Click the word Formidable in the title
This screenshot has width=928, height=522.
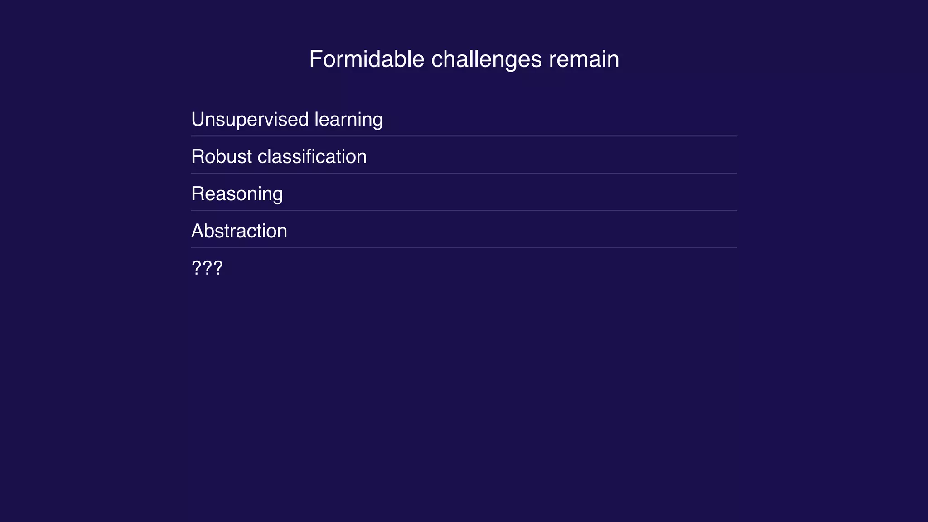pos(367,59)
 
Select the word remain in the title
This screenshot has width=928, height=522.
pos(584,59)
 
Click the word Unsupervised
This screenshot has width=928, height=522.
pos(250,120)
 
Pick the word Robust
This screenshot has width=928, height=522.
pos(221,157)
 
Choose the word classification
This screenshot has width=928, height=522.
pos(312,157)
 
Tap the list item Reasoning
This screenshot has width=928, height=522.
pos(237,194)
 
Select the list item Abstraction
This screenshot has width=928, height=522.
pos(239,231)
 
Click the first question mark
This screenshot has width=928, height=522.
pos(197,268)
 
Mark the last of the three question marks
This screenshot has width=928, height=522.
pos(218,268)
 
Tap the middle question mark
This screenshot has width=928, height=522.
pos(207,268)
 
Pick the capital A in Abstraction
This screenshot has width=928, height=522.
pos(198,231)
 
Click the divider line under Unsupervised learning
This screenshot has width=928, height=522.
pos(464,136)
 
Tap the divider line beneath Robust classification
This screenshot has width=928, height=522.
pos(464,173)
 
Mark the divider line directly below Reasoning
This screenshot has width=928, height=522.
pos(464,210)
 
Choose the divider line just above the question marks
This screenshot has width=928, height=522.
pos(464,248)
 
